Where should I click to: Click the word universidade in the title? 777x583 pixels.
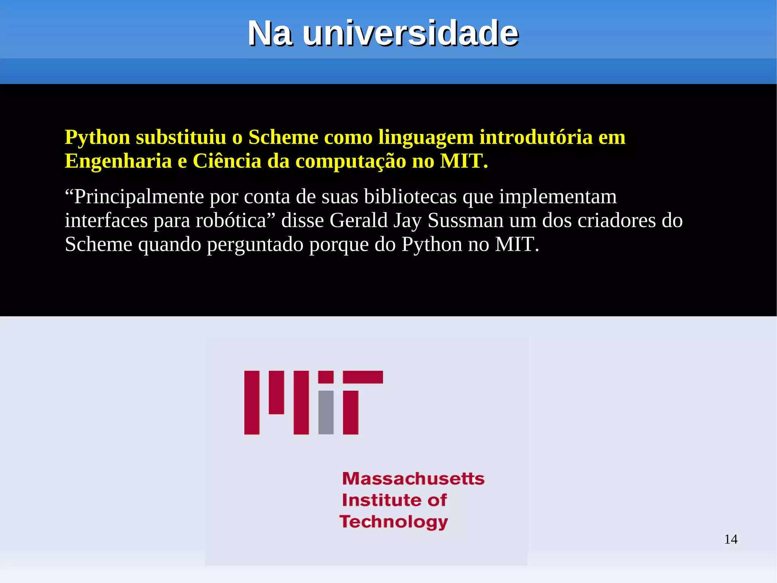coord(411,33)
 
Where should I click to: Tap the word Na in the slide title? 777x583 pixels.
coord(270,33)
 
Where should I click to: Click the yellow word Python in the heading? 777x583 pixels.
coord(98,137)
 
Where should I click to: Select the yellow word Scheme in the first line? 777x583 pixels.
coord(283,137)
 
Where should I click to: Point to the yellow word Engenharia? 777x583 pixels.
coord(118,161)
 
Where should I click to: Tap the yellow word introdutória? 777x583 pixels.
coord(536,137)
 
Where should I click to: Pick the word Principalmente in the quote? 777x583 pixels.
coord(134,197)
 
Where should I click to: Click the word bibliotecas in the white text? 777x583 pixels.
coord(410,197)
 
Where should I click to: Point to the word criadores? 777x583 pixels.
coord(617,221)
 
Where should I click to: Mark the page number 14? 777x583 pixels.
coord(730,539)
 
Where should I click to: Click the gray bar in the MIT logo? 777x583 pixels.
coord(326,412)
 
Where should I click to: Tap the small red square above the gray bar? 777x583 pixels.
coord(326,377)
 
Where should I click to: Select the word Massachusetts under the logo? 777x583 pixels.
coord(413,479)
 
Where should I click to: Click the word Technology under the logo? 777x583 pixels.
coord(393,522)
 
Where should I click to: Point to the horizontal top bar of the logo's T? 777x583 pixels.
coord(363,377)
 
